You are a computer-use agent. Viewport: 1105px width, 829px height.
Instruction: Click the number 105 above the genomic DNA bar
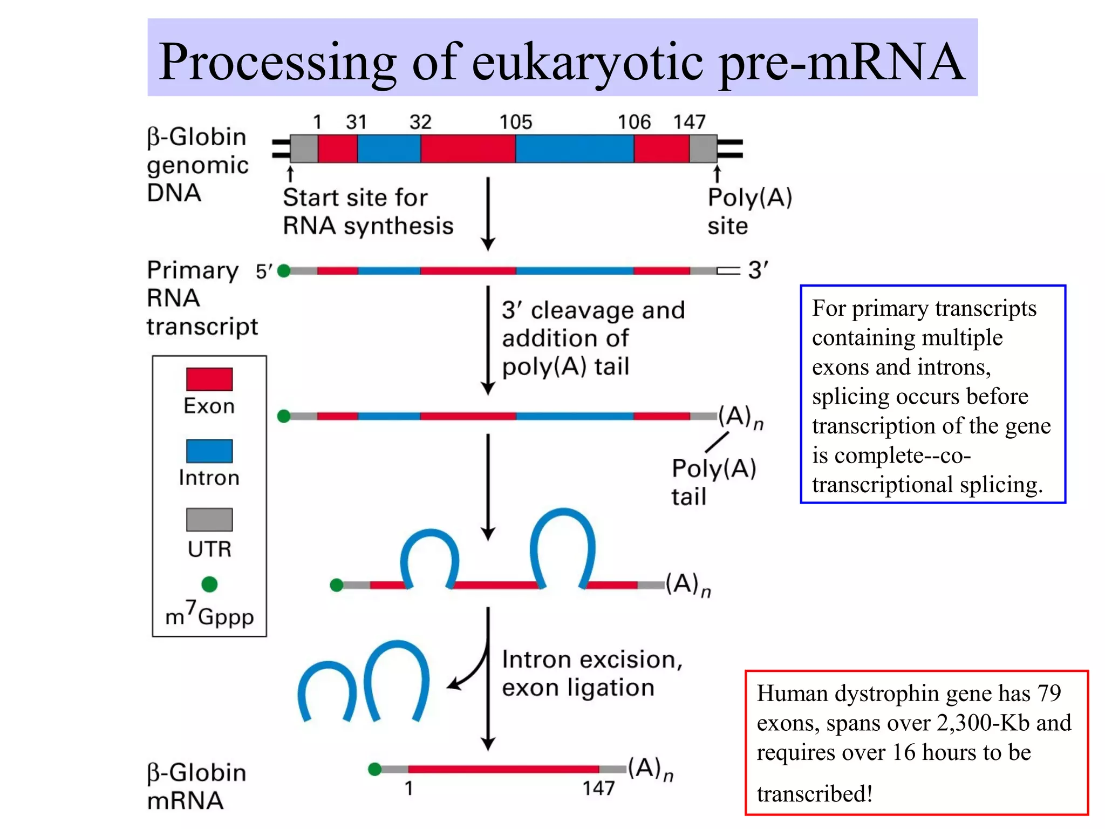pos(515,122)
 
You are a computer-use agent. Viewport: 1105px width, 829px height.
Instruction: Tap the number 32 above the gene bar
pos(420,122)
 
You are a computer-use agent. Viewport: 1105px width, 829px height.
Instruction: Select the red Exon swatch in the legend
pos(209,379)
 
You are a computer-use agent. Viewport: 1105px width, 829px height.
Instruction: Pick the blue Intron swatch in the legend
pos(209,451)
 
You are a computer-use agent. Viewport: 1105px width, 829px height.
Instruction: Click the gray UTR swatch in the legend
pos(209,519)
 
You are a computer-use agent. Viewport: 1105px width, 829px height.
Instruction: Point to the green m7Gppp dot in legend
pos(209,584)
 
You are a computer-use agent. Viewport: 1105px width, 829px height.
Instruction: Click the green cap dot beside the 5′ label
pos(284,271)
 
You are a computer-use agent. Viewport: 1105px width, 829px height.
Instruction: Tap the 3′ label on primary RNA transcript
pos(758,270)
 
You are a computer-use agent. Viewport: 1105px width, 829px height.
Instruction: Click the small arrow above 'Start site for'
pos(290,174)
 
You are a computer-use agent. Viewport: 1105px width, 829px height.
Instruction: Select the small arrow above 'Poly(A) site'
pos(717,174)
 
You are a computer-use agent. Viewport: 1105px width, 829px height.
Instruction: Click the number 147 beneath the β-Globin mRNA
pos(598,789)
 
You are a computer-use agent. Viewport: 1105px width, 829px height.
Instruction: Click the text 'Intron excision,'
pos(592,660)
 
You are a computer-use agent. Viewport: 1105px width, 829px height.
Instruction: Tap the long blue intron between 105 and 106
pos(574,149)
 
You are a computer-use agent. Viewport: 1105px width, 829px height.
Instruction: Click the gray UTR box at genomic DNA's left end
pos(304,149)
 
